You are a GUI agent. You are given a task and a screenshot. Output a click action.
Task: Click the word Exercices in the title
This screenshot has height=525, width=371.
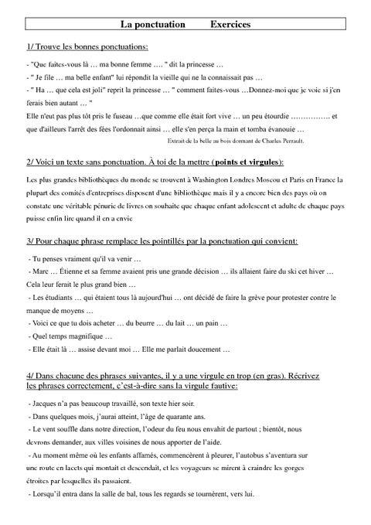point(230,25)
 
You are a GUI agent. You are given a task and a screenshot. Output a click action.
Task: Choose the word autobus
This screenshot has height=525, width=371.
point(259,457)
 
